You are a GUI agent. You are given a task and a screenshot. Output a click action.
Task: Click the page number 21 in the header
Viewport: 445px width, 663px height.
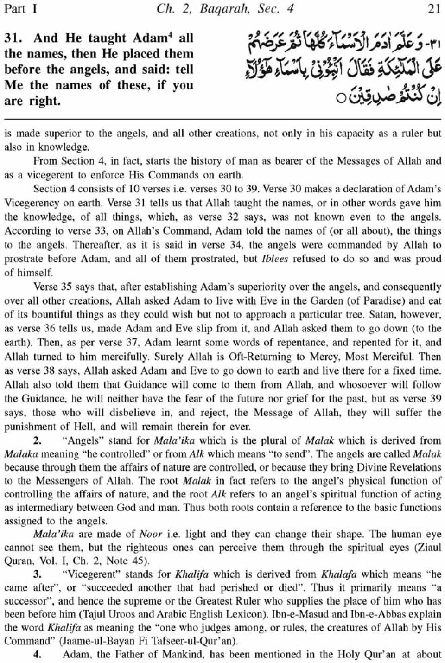point(433,9)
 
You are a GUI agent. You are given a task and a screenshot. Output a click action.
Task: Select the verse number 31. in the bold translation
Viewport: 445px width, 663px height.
point(14,38)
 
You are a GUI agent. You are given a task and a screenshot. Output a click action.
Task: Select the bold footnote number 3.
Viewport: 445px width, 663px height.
point(38,574)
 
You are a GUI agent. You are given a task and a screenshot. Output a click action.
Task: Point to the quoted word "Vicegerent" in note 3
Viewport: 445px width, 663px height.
point(87,574)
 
